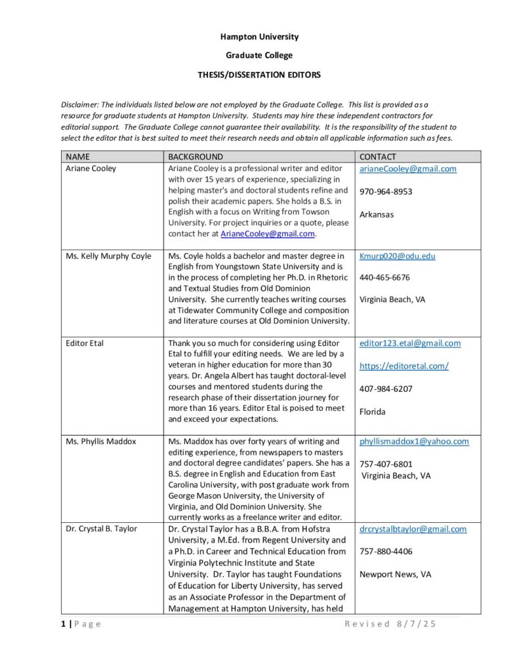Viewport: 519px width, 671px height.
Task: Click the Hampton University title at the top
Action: tap(259, 37)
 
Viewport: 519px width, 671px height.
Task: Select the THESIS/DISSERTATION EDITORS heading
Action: tap(259, 75)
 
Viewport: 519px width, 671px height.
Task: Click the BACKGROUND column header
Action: tap(196, 157)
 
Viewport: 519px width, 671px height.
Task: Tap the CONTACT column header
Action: tap(378, 157)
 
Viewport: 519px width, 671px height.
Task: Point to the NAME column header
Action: tap(77, 157)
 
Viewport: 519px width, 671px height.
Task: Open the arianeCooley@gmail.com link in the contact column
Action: tap(407, 169)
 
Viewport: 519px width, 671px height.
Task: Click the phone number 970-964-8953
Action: tap(386, 192)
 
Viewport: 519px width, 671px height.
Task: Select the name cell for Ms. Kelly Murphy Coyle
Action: tap(108, 256)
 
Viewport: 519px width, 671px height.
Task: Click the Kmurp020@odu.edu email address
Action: tap(397, 256)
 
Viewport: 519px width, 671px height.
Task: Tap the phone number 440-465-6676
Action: tap(384, 278)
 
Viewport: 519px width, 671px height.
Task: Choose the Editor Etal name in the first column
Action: tap(85, 343)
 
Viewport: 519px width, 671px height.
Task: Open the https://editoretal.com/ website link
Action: tap(404, 366)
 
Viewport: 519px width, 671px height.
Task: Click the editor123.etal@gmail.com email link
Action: tap(410, 343)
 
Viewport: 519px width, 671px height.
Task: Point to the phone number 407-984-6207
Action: tap(386, 389)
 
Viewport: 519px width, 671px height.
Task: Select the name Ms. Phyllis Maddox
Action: tap(101, 442)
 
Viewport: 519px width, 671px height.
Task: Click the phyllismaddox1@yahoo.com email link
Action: tap(414, 442)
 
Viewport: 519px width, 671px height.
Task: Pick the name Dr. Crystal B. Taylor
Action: tap(102, 529)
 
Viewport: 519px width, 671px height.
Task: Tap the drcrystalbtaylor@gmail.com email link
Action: tap(413, 529)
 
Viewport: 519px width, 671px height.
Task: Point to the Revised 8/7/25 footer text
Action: tap(390, 624)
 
